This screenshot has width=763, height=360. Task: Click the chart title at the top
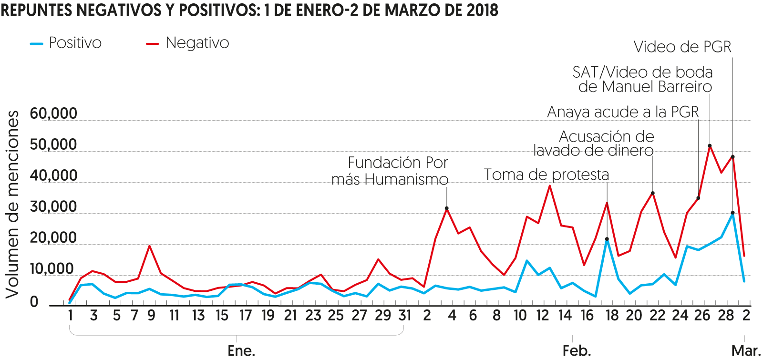(x=249, y=10)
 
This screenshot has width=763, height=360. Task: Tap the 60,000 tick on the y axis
(x=53, y=113)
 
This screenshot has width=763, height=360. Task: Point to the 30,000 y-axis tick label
(x=53, y=206)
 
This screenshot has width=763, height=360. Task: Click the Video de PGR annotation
(x=682, y=47)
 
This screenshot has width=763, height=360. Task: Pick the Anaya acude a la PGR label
(x=623, y=112)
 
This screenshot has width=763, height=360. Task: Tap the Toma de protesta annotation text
(x=546, y=175)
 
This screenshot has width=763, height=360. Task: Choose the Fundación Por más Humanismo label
(x=390, y=171)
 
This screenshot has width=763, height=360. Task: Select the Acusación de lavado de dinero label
(x=594, y=144)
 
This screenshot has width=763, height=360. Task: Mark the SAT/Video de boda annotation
(x=643, y=79)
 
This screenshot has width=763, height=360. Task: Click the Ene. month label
(x=241, y=350)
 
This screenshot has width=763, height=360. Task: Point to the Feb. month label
(x=577, y=350)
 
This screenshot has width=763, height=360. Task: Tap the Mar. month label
(x=746, y=350)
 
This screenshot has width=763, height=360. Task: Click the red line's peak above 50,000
(x=710, y=146)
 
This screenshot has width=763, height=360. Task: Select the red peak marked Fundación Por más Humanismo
(x=447, y=208)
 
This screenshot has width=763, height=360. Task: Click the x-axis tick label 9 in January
(x=151, y=316)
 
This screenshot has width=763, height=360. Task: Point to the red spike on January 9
(x=150, y=246)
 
